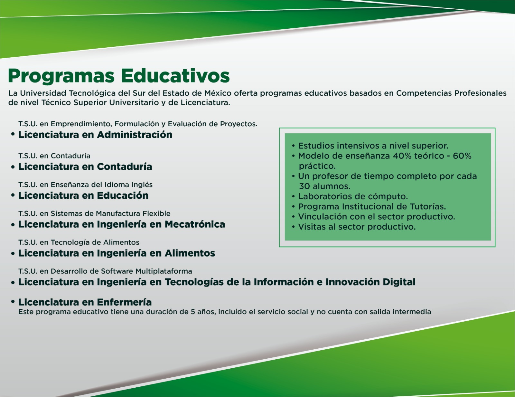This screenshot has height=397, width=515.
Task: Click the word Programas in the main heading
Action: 61,76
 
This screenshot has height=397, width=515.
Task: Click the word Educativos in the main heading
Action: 175,76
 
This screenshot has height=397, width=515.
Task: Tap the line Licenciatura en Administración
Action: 95,135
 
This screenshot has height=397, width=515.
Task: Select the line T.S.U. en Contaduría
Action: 54,156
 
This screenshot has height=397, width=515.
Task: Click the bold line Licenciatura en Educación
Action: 83,195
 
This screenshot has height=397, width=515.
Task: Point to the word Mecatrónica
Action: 195,224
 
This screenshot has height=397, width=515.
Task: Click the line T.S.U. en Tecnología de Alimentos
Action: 79,242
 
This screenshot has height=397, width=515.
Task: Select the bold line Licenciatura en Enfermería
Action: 85,302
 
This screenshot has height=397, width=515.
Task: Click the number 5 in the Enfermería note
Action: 193,312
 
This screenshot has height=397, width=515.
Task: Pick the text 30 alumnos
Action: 324,186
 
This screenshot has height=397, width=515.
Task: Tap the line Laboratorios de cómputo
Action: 353,196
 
